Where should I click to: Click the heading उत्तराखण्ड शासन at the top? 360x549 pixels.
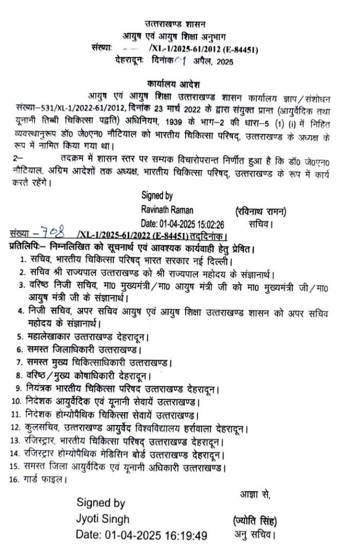pyautogui.click(x=179, y=24)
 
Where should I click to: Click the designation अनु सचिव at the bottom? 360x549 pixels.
pyautogui.click(x=255, y=535)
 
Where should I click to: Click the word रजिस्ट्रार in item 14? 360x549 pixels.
pyautogui.click(x=43, y=454)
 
